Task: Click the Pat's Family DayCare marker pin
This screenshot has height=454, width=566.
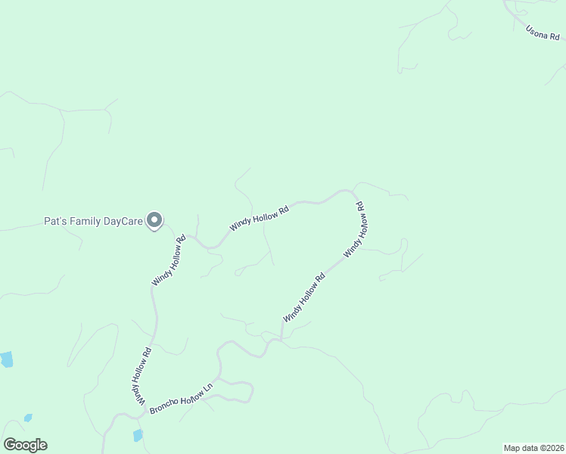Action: (154, 220)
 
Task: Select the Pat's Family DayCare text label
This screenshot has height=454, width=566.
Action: (93, 222)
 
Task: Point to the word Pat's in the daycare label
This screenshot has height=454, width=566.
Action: (55, 222)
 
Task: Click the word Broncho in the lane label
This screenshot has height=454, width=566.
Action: (166, 403)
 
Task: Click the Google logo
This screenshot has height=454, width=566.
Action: (25, 445)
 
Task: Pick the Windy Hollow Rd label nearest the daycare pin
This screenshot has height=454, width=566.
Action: (169, 261)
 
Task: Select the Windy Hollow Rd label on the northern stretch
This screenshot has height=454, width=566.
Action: (260, 218)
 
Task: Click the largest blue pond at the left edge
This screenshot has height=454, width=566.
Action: (6, 359)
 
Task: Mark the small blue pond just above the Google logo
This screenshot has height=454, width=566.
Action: (28, 418)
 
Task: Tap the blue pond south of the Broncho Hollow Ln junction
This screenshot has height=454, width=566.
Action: (138, 435)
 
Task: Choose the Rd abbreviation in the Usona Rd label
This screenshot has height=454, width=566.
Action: (555, 36)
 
